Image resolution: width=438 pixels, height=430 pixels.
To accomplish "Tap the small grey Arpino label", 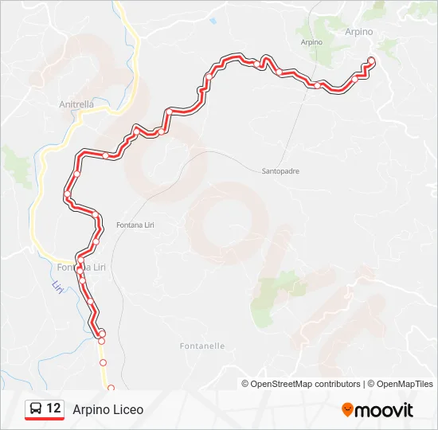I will tap(311, 41).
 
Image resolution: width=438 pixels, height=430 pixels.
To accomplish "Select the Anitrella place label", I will tap(76, 104).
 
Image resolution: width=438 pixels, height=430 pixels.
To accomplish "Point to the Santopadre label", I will tap(280, 170).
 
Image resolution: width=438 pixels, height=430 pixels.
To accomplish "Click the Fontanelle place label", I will tap(202, 346).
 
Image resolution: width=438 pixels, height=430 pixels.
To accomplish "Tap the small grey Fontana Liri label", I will tap(135, 225).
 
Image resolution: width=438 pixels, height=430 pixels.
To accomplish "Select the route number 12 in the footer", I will tap(53, 408).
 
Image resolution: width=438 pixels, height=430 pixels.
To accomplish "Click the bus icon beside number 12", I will tap(36, 408).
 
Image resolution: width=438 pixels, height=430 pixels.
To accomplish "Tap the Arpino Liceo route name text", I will tap(108, 409).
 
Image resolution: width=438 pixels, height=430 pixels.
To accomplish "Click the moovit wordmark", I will tap(385, 410).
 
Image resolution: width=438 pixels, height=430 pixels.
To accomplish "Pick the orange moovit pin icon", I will tap(347, 410).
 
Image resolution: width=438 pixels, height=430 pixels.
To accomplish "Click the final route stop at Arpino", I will tap(371, 61).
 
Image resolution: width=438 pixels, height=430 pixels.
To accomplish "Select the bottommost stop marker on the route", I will tap(111, 388).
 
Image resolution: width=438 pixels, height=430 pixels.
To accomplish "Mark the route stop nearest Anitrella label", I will tap(105, 155).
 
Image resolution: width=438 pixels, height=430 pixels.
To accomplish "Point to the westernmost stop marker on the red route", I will tap(68, 195).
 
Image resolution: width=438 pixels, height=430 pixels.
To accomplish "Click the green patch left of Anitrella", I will tap(18, 162).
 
